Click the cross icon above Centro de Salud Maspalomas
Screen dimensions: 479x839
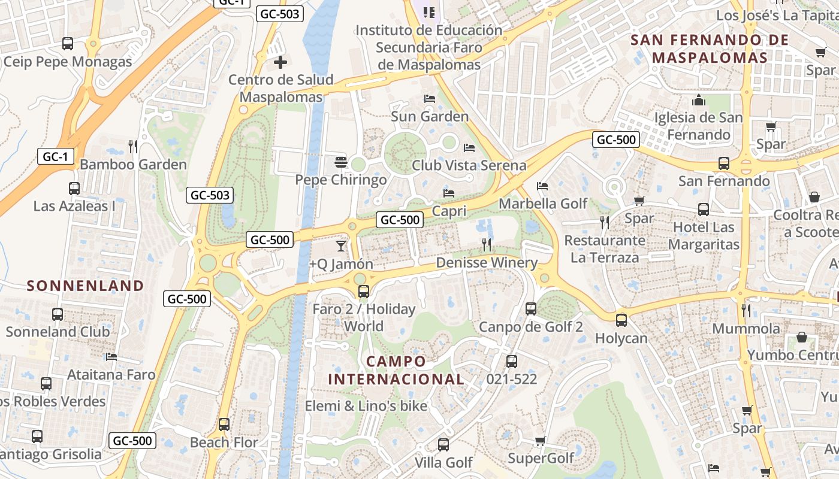point(280,62)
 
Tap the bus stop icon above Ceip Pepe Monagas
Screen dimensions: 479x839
point(68,43)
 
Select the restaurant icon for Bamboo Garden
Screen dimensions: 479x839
point(133,146)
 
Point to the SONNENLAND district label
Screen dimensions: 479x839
point(86,286)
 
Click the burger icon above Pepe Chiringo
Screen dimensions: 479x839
point(341,162)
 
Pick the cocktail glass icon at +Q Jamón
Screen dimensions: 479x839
point(341,245)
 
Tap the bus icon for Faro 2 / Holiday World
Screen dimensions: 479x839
point(363,292)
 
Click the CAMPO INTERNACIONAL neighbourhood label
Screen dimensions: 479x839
point(396,370)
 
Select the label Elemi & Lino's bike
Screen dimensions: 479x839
point(366,406)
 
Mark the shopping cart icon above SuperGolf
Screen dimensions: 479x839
point(540,441)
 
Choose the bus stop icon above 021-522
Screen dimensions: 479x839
point(511,361)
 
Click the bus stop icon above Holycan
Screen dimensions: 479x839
point(621,320)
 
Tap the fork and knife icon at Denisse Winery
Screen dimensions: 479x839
point(487,244)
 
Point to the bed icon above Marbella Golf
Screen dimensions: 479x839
point(542,186)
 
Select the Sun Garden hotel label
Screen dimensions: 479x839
point(430,116)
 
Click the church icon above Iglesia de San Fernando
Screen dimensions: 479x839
point(698,100)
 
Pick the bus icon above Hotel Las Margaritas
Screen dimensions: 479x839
point(704,210)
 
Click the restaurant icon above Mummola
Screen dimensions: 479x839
point(746,310)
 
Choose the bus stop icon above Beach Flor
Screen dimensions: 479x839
point(224,425)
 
